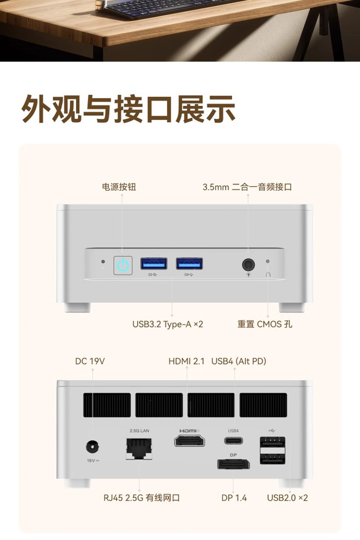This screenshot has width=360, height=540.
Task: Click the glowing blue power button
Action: (123, 265)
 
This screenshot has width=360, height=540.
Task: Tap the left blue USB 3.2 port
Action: (154, 263)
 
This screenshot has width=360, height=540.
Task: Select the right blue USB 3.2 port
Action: (189, 263)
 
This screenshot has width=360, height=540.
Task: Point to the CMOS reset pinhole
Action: (268, 261)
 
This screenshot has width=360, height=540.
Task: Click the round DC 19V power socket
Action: (92, 447)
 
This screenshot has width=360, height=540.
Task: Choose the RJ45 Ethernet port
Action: (139, 447)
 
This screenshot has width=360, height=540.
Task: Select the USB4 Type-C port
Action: (234, 440)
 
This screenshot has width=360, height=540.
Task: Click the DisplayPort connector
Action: (233, 463)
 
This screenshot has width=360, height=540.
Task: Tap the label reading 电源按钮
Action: (119, 187)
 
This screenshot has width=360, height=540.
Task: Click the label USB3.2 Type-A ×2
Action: (167, 324)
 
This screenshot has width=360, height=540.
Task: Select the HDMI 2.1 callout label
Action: (186, 361)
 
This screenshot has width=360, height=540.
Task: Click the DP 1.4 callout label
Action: (234, 498)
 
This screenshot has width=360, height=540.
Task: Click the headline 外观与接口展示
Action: (129, 108)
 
